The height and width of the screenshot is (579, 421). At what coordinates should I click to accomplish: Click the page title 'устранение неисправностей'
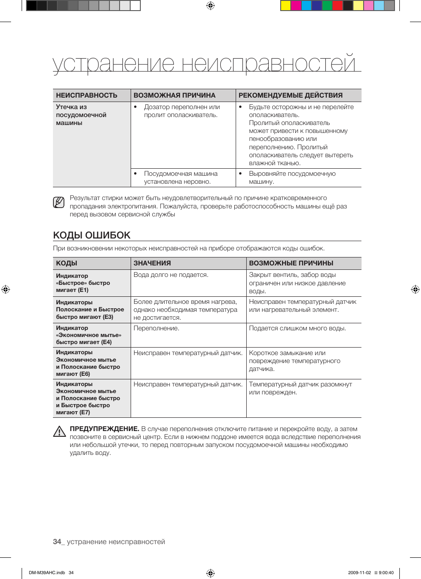204,64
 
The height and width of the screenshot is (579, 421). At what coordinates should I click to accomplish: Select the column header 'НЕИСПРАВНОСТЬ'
86,95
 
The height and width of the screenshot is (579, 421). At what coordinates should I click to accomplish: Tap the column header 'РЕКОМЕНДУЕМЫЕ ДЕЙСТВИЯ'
290,95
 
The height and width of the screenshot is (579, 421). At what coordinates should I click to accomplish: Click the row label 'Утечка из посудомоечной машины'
81,115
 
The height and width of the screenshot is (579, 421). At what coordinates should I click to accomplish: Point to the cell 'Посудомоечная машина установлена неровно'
180,178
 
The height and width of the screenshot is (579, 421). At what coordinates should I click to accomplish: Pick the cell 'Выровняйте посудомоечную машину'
292,178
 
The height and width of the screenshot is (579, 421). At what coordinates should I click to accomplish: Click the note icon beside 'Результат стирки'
59,203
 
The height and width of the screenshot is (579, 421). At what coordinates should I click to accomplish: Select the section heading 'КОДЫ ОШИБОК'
92,235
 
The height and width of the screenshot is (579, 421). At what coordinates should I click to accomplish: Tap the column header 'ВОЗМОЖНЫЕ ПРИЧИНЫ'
291,263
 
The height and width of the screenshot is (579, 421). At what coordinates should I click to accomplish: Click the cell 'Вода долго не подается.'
171,275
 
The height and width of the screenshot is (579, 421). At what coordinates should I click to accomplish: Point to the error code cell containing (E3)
90,310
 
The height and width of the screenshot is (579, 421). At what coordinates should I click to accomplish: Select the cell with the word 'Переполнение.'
156,328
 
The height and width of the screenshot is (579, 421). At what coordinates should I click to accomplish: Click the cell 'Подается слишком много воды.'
297,328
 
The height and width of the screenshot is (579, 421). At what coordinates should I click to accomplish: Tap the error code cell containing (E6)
88,363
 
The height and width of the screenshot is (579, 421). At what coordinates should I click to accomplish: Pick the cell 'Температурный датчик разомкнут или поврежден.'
300,388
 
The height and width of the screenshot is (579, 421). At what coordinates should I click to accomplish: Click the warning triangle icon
59,431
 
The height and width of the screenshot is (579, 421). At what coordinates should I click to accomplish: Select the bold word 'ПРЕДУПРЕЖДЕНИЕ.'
105,429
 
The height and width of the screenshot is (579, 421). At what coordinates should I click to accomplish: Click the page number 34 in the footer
57,542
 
